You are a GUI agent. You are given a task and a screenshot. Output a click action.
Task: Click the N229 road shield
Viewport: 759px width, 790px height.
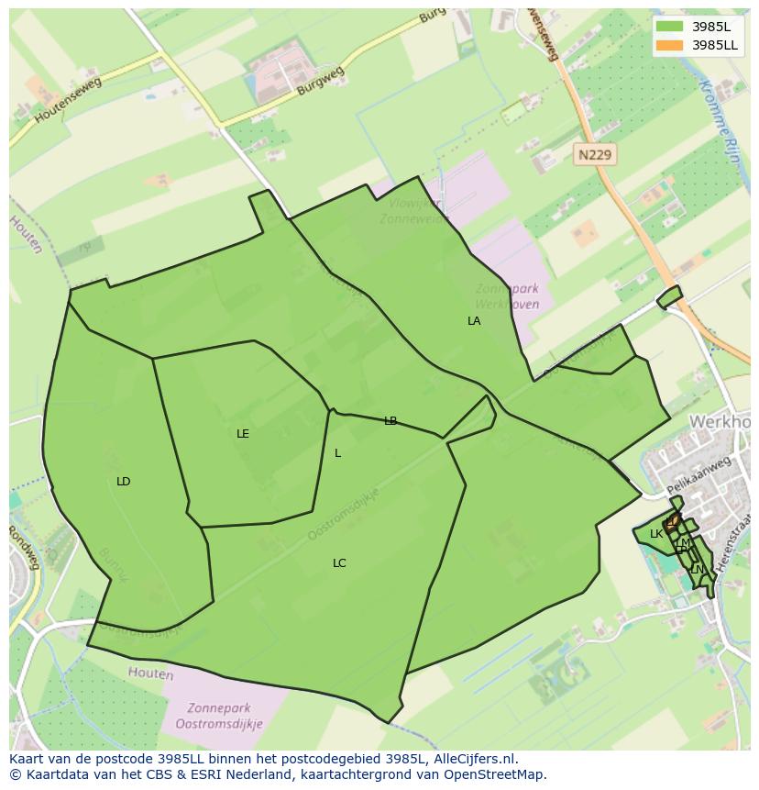(x=595, y=155)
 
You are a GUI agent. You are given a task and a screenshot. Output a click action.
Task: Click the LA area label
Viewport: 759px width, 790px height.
(x=474, y=321)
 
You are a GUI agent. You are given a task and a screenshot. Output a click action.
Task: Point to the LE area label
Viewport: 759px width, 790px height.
(x=243, y=434)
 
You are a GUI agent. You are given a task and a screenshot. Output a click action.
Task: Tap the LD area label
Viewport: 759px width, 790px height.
(x=124, y=482)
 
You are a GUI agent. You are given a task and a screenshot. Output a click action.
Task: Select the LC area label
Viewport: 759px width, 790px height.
(x=339, y=563)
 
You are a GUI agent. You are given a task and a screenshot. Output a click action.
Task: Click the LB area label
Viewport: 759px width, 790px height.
(x=390, y=421)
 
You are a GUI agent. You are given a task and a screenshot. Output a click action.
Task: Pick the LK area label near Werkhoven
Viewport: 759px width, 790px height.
(x=655, y=534)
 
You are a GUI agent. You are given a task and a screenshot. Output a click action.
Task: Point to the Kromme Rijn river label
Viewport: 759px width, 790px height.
(x=719, y=120)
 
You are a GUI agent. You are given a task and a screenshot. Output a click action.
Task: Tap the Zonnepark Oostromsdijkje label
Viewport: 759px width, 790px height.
(x=225, y=716)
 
